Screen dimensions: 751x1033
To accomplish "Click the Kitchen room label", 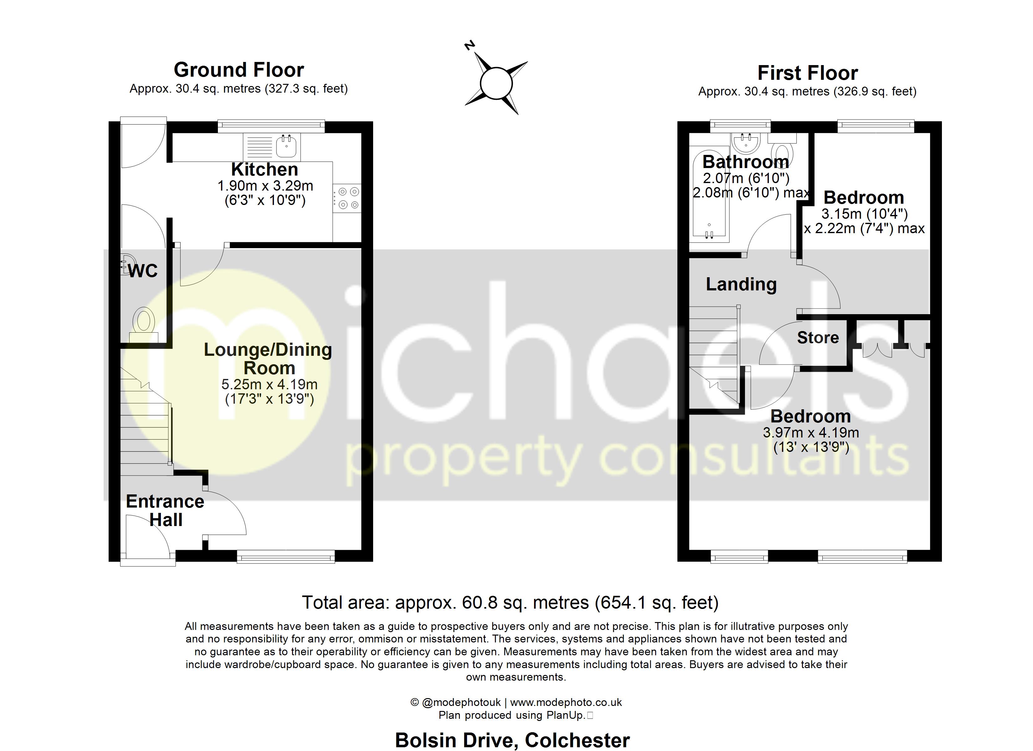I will (x=265, y=169).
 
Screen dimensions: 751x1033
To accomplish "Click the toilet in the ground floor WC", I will (x=144, y=322).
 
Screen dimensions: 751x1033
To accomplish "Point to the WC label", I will (x=142, y=271).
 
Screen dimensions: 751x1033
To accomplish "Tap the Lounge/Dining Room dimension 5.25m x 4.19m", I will (x=269, y=384).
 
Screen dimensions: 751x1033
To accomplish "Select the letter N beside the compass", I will (x=469, y=45).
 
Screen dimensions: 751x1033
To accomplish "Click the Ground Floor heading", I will (x=239, y=70).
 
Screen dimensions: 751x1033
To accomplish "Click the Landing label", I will (x=741, y=284).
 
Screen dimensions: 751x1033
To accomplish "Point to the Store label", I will (x=818, y=337).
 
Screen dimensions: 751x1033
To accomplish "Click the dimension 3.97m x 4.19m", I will (x=811, y=432).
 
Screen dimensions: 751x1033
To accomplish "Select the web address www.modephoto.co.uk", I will (x=566, y=702).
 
